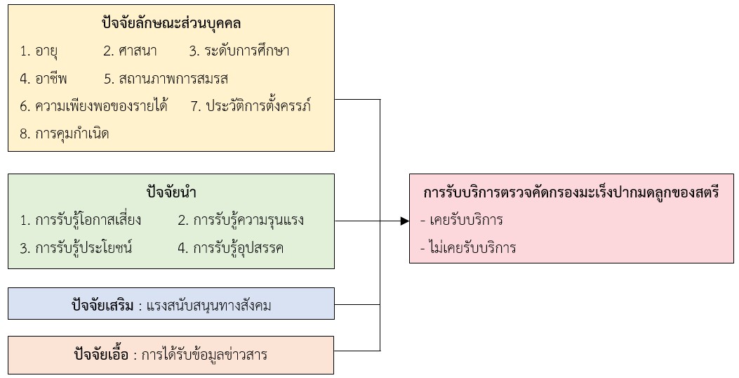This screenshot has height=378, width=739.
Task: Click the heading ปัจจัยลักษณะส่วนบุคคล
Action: (171, 23)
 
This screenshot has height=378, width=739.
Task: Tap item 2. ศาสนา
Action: (130, 51)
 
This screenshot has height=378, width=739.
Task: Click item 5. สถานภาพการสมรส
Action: (166, 79)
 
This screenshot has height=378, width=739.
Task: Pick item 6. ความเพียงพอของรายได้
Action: (94, 107)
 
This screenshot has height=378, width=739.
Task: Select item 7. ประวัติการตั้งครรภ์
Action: (251, 107)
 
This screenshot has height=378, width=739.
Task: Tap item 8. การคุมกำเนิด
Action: (65, 133)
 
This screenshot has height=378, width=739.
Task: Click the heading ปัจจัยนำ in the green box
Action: (171, 192)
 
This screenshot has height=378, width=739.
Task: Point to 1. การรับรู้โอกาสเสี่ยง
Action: (81, 220)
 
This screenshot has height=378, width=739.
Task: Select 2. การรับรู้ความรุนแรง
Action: (241, 220)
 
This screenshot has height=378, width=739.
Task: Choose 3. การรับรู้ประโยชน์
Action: (76, 248)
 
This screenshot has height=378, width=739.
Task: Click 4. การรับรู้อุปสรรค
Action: (230, 248)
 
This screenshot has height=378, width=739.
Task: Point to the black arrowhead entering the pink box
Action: (404, 221)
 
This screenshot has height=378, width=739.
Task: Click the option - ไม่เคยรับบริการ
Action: (467, 247)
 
